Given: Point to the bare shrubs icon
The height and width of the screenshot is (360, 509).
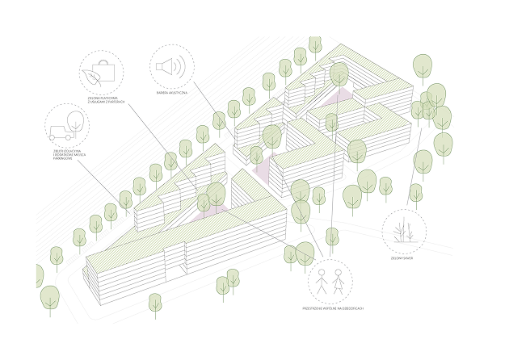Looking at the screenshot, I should tap(403, 232).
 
